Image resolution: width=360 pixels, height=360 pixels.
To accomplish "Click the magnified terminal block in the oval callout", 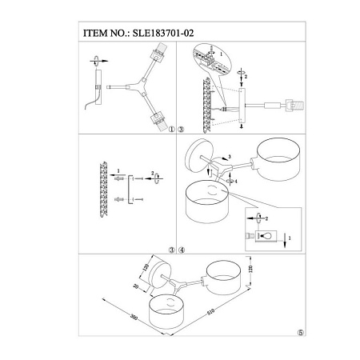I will (x=210, y=59).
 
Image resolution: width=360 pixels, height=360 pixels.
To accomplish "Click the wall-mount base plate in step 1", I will (x=100, y=88).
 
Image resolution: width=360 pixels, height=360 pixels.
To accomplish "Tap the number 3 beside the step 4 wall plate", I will (x=230, y=156).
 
